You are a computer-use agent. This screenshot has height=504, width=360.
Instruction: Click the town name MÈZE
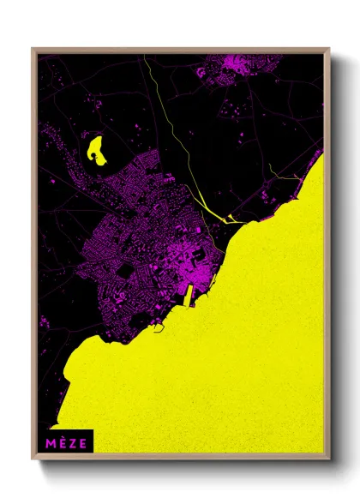pos(64,441)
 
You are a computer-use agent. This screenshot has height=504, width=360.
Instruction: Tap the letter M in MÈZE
pos(51,441)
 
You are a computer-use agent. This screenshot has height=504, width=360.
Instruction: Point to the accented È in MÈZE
pos(61,441)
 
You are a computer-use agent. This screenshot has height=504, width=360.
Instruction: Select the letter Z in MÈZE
pos(70,441)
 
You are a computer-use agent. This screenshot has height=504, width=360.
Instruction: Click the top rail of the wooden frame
pos(180,50)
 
